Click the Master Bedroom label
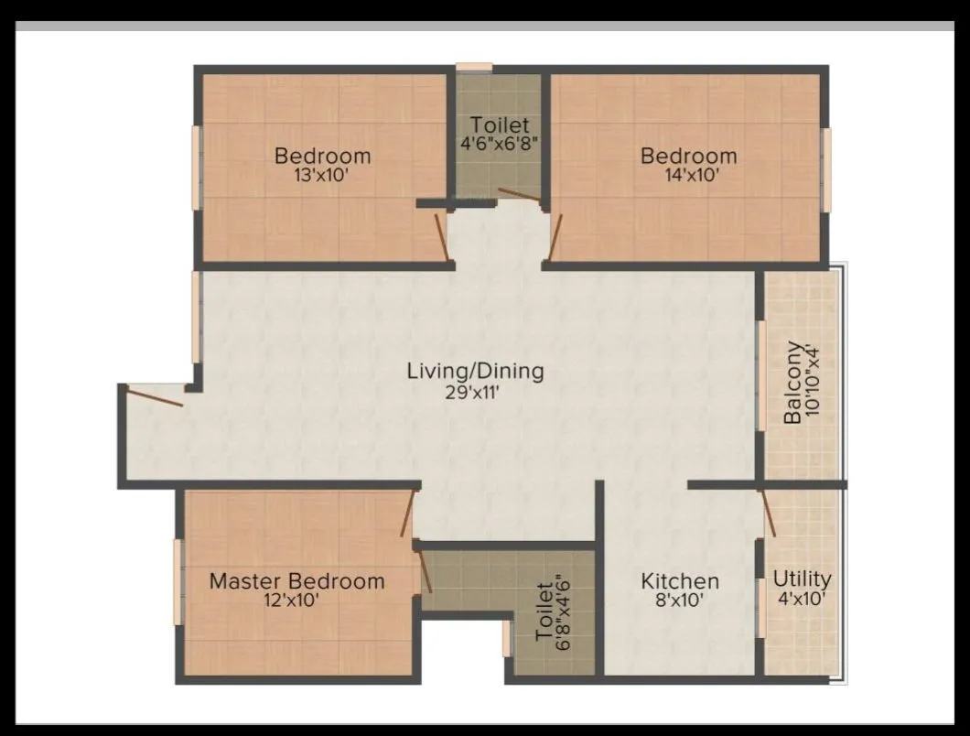(x=296, y=581)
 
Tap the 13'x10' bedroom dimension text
(x=322, y=175)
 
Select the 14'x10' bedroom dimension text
(x=688, y=175)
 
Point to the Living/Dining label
(x=475, y=371)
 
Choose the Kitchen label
(x=679, y=581)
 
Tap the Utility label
(x=802, y=579)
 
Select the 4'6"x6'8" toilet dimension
(x=499, y=143)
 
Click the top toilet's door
(x=519, y=194)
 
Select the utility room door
(x=769, y=514)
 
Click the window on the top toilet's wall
(x=474, y=67)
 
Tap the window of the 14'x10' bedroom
(x=825, y=169)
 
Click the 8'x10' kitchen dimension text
(x=679, y=601)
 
